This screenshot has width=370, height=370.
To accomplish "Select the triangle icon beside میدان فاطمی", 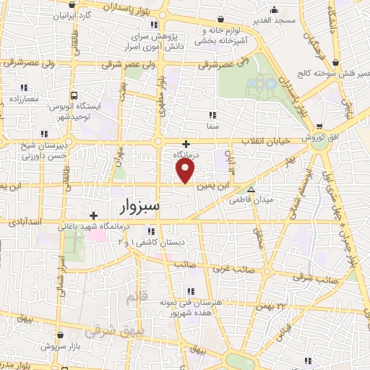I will click(x=251, y=190).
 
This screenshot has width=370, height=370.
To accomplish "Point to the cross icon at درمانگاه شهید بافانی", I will click(x=92, y=215).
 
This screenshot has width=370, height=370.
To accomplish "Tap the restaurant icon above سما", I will click(x=212, y=115).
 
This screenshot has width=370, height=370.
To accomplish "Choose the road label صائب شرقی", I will click(x=317, y=278).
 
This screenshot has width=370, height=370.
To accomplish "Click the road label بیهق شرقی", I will click(x=104, y=333).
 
